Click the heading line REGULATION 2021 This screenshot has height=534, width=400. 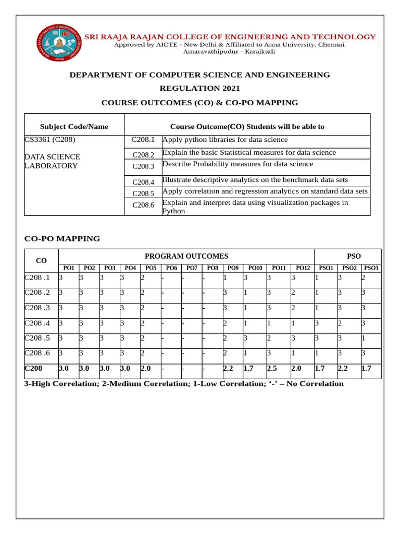coord(200,89)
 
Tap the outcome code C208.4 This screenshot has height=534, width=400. coord(143,183)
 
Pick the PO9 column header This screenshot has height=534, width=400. coord(233,268)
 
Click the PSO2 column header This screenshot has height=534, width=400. coord(349,268)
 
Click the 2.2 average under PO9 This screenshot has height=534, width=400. coord(228,369)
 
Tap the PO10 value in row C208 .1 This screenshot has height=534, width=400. coord(245,278)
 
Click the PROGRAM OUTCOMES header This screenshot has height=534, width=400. coord(186,256)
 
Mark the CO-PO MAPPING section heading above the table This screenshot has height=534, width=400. coord(63,239)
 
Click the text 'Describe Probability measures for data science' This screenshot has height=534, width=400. coord(238,164)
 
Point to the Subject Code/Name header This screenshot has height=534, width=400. coord(74,127)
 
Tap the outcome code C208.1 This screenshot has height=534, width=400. coord(143,140)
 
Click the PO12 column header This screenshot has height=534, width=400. coord(303,268)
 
